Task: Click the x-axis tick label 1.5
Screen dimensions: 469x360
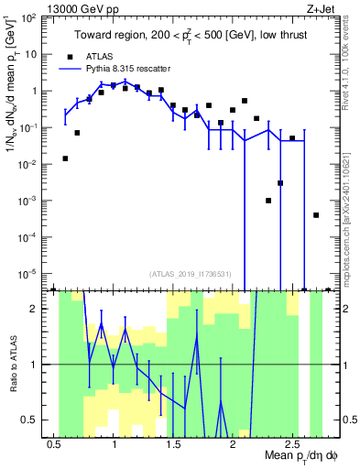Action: [x=173, y=444]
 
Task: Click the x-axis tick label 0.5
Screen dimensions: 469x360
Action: [x=54, y=444]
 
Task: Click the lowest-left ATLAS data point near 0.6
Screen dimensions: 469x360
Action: [x=65, y=158]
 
